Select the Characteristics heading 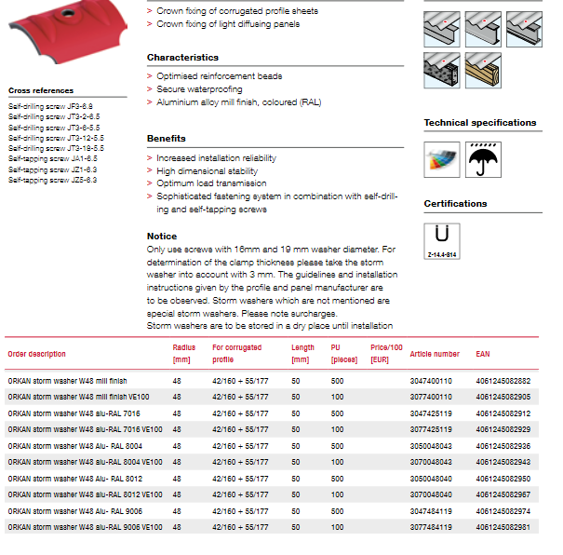[x=183, y=58]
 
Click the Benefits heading [x=167, y=139]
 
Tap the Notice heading [x=162, y=237]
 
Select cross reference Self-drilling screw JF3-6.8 [x=51, y=107]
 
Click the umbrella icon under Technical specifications [x=481, y=159]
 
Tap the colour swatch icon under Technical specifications [x=441, y=159]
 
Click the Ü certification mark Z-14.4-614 [x=442, y=240]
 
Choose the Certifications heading [x=455, y=203]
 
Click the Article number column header [x=435, y=354]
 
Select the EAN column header [x=483, y=354]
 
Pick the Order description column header [x=37, y=354]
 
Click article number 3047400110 [x=431, y=381]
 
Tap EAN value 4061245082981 [x=503, y=527]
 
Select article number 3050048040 [x=431, y=479]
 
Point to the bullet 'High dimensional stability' [x=207, y=171]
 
